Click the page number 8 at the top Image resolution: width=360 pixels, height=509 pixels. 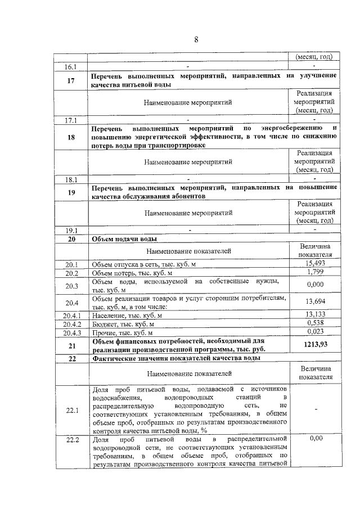pyautogui.click(x=196, y=39)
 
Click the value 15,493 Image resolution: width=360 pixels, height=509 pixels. pyautogui.click(x=315, y=263)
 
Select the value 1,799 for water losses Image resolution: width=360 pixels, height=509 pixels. pyautogui.click(x=315, y=273)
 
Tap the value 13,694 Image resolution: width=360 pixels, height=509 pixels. pyautogui.click(x=315, y=301)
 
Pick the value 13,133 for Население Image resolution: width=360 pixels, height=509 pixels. pyautogui.click(x=315, y=314)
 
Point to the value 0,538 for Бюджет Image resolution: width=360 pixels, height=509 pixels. pyautogui.click(x=315, y=323)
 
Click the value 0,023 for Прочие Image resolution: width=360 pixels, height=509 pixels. pyautogui.click(x=315, y=332)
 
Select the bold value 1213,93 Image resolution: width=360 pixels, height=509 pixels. pyautogui.click(x=315, y=345)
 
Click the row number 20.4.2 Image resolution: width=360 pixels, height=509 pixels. pyautogui.click(x=72, y=324)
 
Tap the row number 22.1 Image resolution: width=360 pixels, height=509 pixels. pyautogui.click(x=72, y=411)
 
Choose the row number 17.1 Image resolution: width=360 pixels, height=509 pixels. pyautogui.click(x=71, y=120)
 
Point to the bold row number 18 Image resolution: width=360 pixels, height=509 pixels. pyautogui.click(x=71, y=136)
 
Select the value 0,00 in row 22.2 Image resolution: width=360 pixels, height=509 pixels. pyautogui.click(x=315, y=439)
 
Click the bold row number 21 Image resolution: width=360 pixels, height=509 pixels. pyautogui.click(x=71, y=345)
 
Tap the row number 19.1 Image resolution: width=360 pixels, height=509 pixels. pyautogui.click(x=71, y=230)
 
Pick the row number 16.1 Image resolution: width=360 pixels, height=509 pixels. pyautogui.click(x=71, y=66)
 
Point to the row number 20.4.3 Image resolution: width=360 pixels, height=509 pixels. pyautogui.click(x=72, y=333)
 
